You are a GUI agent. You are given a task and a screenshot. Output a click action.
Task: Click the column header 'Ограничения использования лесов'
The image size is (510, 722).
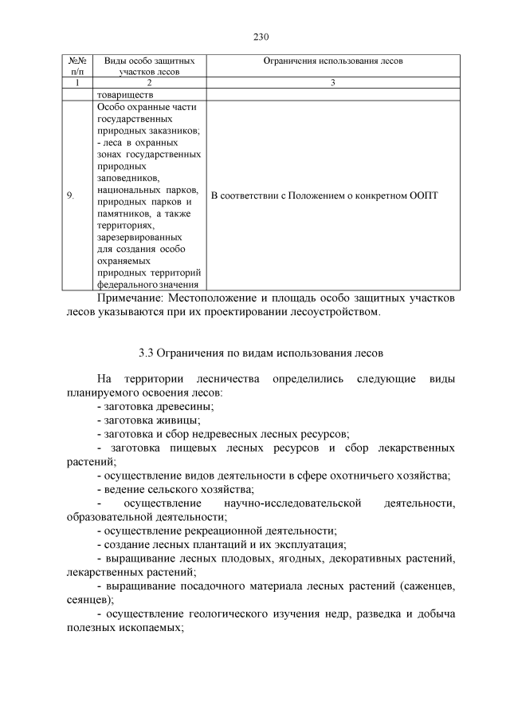[x=334, y=61]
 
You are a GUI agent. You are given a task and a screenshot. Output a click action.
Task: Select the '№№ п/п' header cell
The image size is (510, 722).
[x=78, y=65]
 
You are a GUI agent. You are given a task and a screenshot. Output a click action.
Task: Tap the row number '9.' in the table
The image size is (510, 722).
[x=72, y=195]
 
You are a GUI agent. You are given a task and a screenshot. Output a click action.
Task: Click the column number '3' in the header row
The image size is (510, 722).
[x=334, y=82]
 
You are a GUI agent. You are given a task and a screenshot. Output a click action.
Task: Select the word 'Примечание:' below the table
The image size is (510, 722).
[x=130, y=298]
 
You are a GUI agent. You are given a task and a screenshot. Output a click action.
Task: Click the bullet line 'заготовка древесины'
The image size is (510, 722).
[x=156, y=406]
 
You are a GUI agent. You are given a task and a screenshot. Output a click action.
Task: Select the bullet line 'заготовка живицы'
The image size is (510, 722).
[x=148, y=420]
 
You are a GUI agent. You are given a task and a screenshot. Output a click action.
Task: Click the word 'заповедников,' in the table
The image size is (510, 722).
[x=127, y=178]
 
